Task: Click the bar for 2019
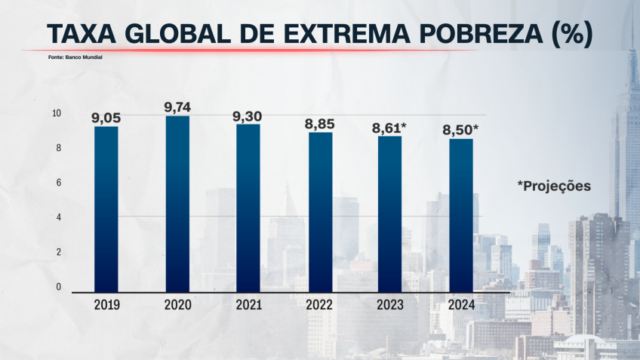[x=106, y=209]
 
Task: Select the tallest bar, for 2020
[x=177, y=204]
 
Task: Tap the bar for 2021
[x=248, y=208]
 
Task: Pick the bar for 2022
[x=320, y=212]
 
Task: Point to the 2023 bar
[x=390, y=214]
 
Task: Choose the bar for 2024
[x=461, y=215]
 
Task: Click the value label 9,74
[x=177, y=107]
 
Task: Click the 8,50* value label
[x=460, y=130]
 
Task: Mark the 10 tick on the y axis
[x=56, y=113]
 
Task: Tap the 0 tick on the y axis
[x=57, y=287]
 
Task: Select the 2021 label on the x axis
[x=248, y=305]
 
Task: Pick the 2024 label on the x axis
[x=461, y=305]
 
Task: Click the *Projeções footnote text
[x=554, y=186]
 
